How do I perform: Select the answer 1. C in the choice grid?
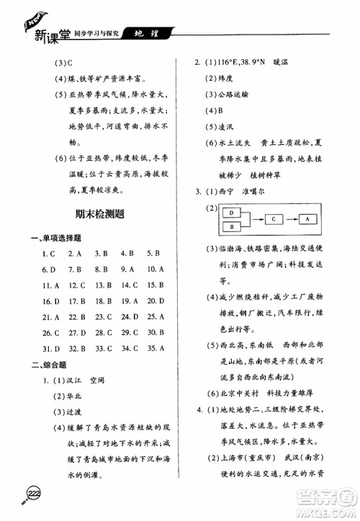(x=49, y=253)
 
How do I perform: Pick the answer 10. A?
(x=156, y=269)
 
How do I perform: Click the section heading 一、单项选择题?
(x=55, y=236)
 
